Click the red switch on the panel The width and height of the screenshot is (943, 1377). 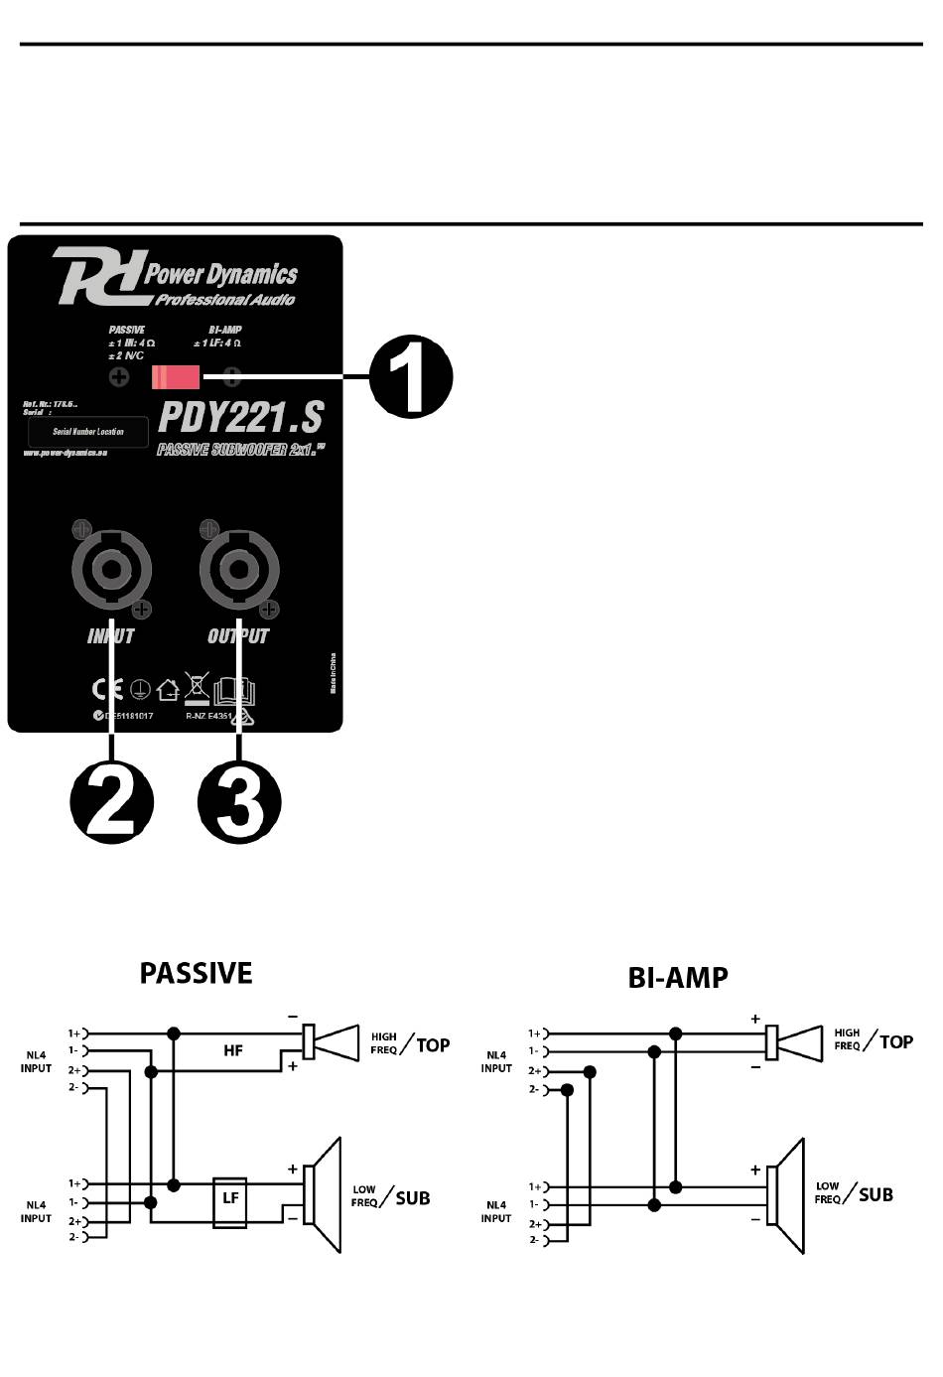176,377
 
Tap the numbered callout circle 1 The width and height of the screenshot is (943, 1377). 411,378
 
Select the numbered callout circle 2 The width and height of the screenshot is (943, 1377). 111,802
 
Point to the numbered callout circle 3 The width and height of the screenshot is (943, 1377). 239,802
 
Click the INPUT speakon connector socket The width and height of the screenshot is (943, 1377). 111,570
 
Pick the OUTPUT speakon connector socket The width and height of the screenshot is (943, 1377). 238,570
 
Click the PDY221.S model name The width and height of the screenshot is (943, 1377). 241,417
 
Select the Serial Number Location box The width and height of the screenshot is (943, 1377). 88,432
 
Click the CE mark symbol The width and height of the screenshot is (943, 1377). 106,689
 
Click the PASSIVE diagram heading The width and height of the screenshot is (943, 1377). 196,973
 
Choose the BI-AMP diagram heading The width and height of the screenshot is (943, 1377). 678,978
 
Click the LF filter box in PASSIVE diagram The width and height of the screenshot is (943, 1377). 230,1200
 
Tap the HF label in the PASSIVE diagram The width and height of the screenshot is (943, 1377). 233,1050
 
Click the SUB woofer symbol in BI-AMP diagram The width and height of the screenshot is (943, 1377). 790,1196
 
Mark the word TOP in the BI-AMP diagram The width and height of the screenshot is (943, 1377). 896,1041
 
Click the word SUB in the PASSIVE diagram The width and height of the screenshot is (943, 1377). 413,1197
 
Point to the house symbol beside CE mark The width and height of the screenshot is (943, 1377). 168,689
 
